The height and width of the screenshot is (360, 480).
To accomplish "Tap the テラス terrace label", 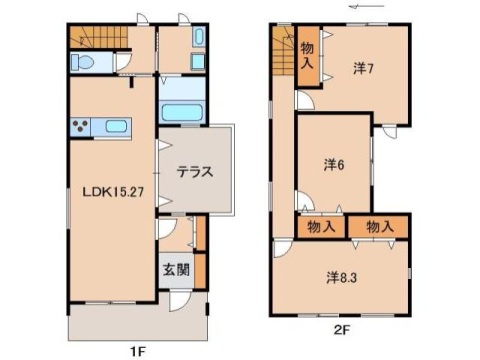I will (x=195, y=170).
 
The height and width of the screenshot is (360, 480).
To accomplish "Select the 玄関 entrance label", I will (x=174, y=268).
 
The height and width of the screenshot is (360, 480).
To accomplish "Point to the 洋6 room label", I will (x=334, y=164).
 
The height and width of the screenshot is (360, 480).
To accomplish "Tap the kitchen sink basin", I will (x=116, y=126).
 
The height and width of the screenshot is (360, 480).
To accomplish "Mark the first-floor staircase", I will (x=99, y=38).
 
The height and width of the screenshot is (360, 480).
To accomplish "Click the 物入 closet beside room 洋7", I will (x=307, y=53).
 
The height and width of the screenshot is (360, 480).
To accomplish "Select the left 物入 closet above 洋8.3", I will (x=320, y=227).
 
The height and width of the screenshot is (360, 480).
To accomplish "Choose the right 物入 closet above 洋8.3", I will (x=380, y=227).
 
